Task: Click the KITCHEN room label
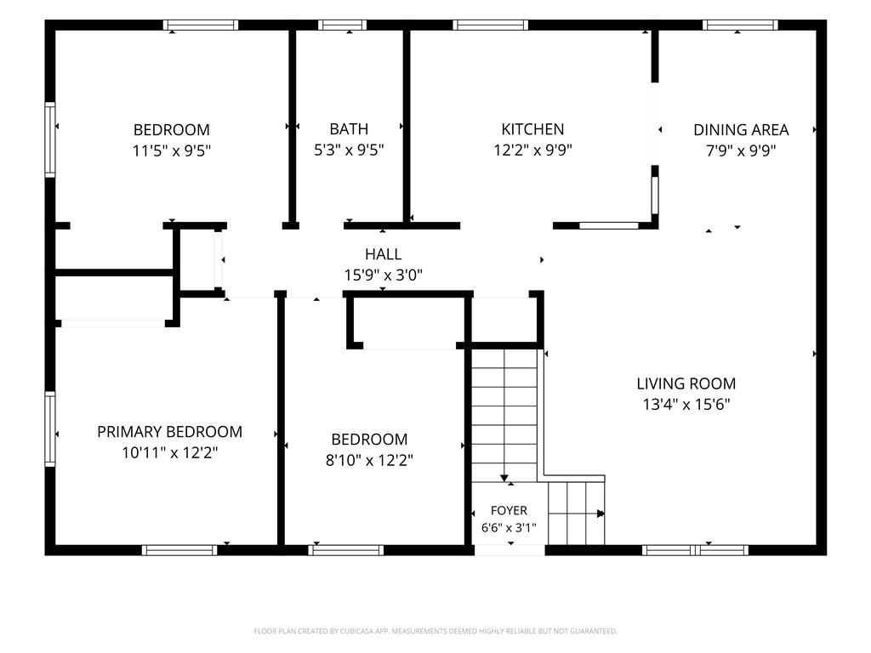(x=532, y=129)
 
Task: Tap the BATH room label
(x=349, y=129)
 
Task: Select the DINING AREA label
(x=741, y=130)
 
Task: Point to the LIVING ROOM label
(x=686, y=383)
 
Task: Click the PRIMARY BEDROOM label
(x=169, y=432)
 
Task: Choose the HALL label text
(x=384, y=254)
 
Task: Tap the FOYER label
(x=509, y=510)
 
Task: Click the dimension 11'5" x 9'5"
(x=172, y=150)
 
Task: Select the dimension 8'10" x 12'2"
(x=369, y=460)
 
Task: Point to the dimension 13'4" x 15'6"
(x=686, y=404)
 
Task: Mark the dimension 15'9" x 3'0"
(x=384, y=275)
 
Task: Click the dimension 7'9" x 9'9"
(x=741, y=150)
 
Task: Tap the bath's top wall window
(x=342, y=25)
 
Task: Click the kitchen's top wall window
(x=491, y=25)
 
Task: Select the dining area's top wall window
(x=740, y=25)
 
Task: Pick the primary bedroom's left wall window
(x=50, y=429)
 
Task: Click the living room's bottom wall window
(x=696, y=550)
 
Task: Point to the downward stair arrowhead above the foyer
(x=504, y=478)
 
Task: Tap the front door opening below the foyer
(x=510, y=550)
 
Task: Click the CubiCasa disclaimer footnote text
(x=435, y=632)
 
